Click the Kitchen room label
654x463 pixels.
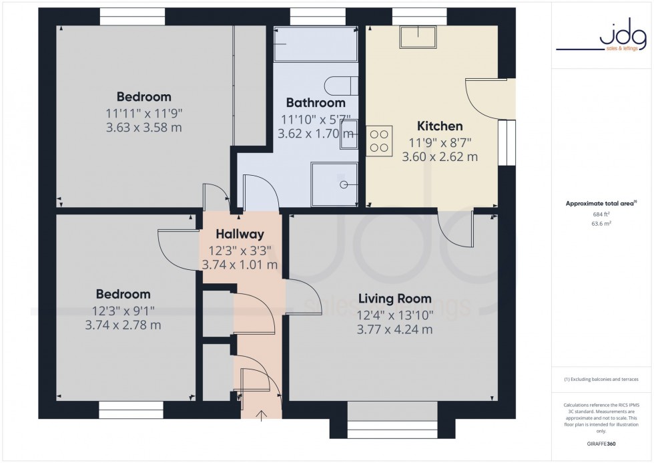click(x=440, y=126)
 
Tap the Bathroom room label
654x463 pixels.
click(x=316, y=103)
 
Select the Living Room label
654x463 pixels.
click(x=394, y=299)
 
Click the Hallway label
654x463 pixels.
click(x=240, y=235)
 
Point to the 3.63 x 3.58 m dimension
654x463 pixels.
click(x=143, y=127)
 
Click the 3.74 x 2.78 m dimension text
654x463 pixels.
click(x=123, y=325)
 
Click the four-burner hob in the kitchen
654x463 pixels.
click(x=379, y=140)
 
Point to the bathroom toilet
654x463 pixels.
click(x=341, y=86)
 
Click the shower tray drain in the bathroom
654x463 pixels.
click(x=345, y=184)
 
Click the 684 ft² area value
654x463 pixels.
click(x=601, y=214)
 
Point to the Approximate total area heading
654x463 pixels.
click(x=601, y=203)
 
